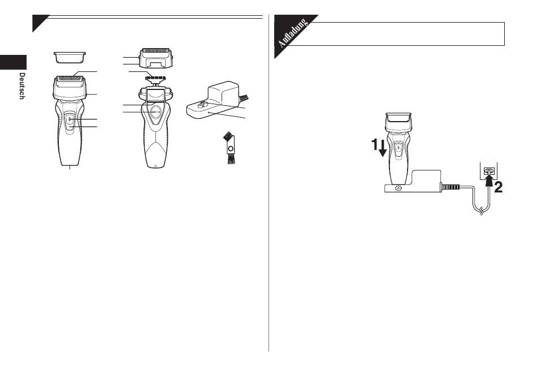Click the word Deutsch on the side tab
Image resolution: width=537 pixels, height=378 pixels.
(22, 86)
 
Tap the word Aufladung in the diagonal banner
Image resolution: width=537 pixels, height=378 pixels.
(292, 33)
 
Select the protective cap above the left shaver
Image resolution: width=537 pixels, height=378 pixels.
(70, 58)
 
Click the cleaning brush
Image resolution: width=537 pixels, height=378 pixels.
(230, 149)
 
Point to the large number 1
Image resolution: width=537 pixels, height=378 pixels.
(375, 144)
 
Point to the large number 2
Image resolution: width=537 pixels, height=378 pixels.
(499, 187)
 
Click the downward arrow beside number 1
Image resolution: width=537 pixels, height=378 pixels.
(383, 148)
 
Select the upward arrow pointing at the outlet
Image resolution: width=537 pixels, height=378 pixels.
(490, 183)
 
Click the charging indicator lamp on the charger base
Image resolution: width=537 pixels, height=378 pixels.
(398, 188)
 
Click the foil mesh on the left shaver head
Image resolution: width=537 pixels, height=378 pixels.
(70, 79)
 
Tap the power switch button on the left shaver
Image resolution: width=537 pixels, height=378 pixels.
(69, 119)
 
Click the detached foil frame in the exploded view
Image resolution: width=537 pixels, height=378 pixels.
(155, 58)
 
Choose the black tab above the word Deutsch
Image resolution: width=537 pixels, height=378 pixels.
(13, 62)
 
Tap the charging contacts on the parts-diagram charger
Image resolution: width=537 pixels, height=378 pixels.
(203, 104)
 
